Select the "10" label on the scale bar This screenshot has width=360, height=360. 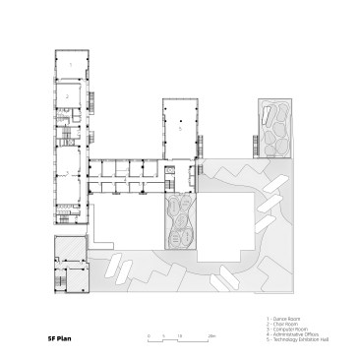click(x=180, y=334)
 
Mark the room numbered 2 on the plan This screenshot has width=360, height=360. click(x=69, y=96)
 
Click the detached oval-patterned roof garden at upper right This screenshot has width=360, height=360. click(x=275, y=128)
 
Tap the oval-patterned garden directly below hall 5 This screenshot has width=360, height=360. click(x=179, y=223)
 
